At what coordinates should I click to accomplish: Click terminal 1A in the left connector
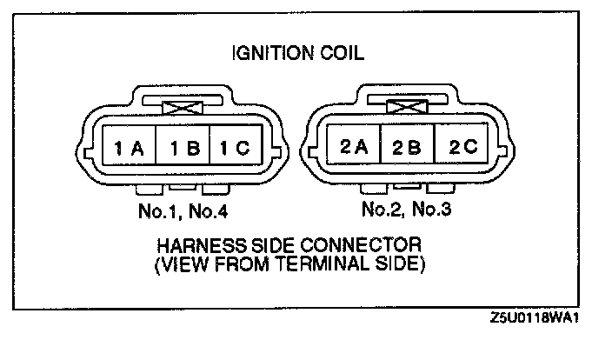(x=127, y=149)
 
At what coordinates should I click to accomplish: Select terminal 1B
(x=183, y=149)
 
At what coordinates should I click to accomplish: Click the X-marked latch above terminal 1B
(x=183, y=107)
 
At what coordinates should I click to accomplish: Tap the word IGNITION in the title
(x=272, y=54)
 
